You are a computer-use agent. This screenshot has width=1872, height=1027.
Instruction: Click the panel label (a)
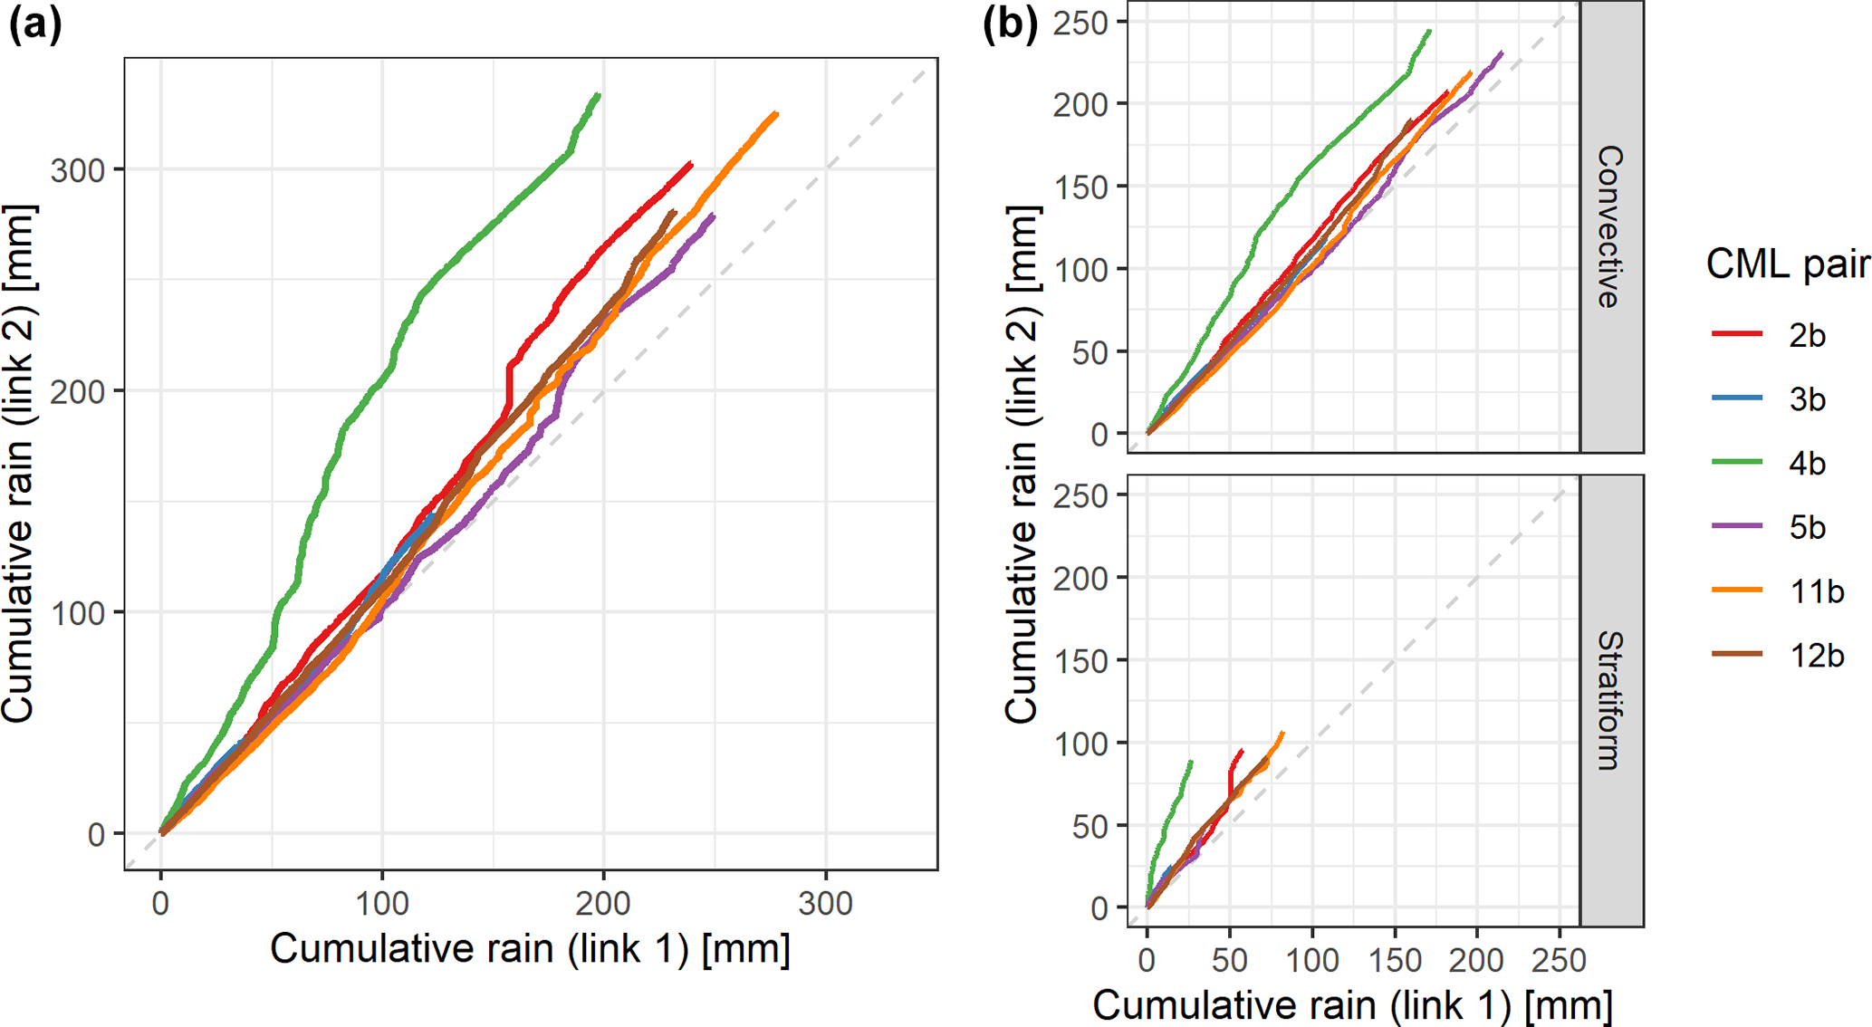point(35,25)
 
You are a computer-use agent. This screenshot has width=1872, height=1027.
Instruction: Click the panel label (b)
point(1010,25)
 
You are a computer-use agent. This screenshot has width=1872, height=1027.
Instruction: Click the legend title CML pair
point(1787,264)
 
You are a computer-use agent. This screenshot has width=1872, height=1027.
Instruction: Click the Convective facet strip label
point(1610,226)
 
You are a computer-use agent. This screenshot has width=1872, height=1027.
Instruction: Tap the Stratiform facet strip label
point(1610,700)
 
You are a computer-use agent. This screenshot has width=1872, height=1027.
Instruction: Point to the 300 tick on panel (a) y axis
point(79,170)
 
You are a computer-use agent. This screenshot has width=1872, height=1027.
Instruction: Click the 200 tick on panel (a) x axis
point(603,903)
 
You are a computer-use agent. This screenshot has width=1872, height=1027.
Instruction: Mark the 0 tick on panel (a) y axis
point(96,834)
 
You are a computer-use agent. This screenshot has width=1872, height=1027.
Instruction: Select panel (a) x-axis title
point(530,949)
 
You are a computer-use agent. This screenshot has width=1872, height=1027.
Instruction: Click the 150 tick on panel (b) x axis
point(1395,960)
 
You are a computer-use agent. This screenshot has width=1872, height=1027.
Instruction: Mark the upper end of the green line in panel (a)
point(599,95)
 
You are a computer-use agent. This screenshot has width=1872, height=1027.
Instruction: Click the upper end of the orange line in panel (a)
point(776,114)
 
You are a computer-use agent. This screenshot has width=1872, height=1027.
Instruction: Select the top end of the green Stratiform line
point(1191,762)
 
